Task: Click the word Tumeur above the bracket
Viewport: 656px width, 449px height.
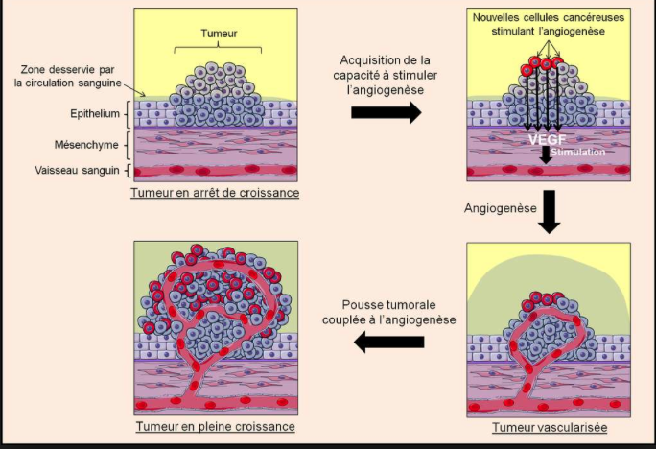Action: point(219,34)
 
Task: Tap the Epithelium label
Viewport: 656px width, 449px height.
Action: point(95,114)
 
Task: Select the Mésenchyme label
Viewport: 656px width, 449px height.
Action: point(86,145)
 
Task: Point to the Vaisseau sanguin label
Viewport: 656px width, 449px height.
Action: point(77,171)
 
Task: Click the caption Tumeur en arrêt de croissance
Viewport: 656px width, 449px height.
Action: point(215,193)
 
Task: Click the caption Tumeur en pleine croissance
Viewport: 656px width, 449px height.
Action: point(216,426)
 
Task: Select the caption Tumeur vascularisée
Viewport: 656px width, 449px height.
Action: point(550,427)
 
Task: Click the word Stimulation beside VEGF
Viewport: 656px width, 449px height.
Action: point(577,152)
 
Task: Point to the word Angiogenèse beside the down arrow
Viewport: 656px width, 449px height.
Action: point(500,208)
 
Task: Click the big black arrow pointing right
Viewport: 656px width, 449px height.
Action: point(387,112)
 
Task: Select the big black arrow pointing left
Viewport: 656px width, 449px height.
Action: point(389,342)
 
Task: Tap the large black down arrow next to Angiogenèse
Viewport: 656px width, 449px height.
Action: point(549,212)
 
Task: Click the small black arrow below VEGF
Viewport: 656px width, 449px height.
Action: point(546,154)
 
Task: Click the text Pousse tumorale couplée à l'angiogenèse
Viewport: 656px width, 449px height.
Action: point(388,312)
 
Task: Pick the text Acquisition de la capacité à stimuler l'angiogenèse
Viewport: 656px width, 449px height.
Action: point(385,75)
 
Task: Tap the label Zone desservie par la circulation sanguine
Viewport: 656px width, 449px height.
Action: point(67,76)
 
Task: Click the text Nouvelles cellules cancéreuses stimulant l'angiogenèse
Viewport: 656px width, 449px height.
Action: point(548,24)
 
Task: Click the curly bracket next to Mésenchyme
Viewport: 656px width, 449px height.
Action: point(128,145)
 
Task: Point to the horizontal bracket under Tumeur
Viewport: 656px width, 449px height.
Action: point(218,48)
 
